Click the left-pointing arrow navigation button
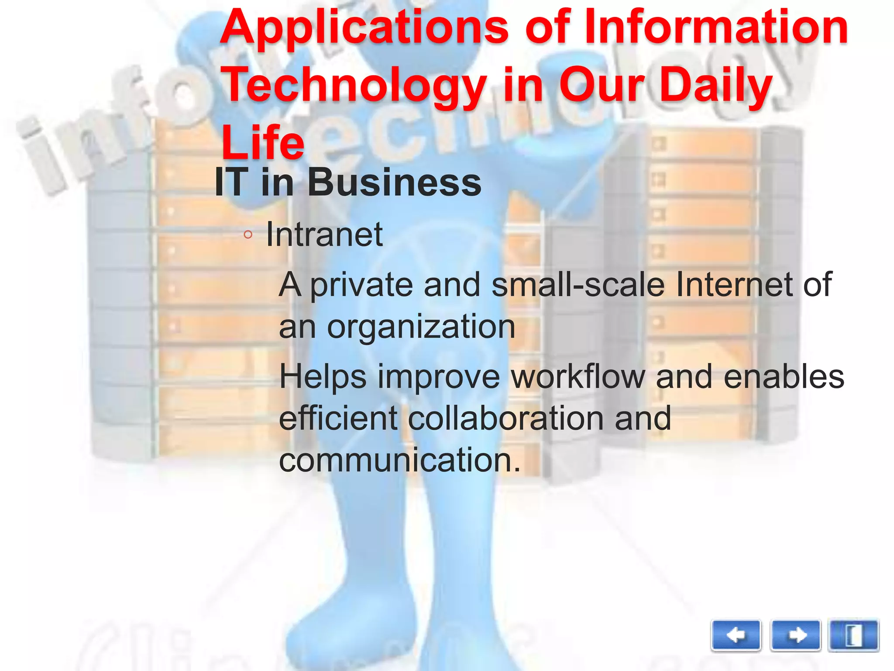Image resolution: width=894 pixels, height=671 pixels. click(736, 636)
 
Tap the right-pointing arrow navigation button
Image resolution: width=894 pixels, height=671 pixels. click(795, 636)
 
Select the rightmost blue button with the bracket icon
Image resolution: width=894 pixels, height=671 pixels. click(853, 636)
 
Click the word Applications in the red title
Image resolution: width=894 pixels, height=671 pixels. click(364, 28)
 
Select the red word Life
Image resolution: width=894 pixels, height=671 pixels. click(263, 142)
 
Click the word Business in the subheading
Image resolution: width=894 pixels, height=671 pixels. click(395, 183)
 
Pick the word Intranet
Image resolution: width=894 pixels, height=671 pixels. click(324, 235)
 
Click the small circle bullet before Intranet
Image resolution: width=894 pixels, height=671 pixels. click(248, 235)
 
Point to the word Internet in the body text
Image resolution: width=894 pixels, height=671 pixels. click(734, 284)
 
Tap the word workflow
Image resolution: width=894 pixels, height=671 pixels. click(578, 377)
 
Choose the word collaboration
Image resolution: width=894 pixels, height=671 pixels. click(505, 418)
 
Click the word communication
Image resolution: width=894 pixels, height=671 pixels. click(399, 460)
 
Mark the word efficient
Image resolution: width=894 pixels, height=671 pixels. click(338, 418)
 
